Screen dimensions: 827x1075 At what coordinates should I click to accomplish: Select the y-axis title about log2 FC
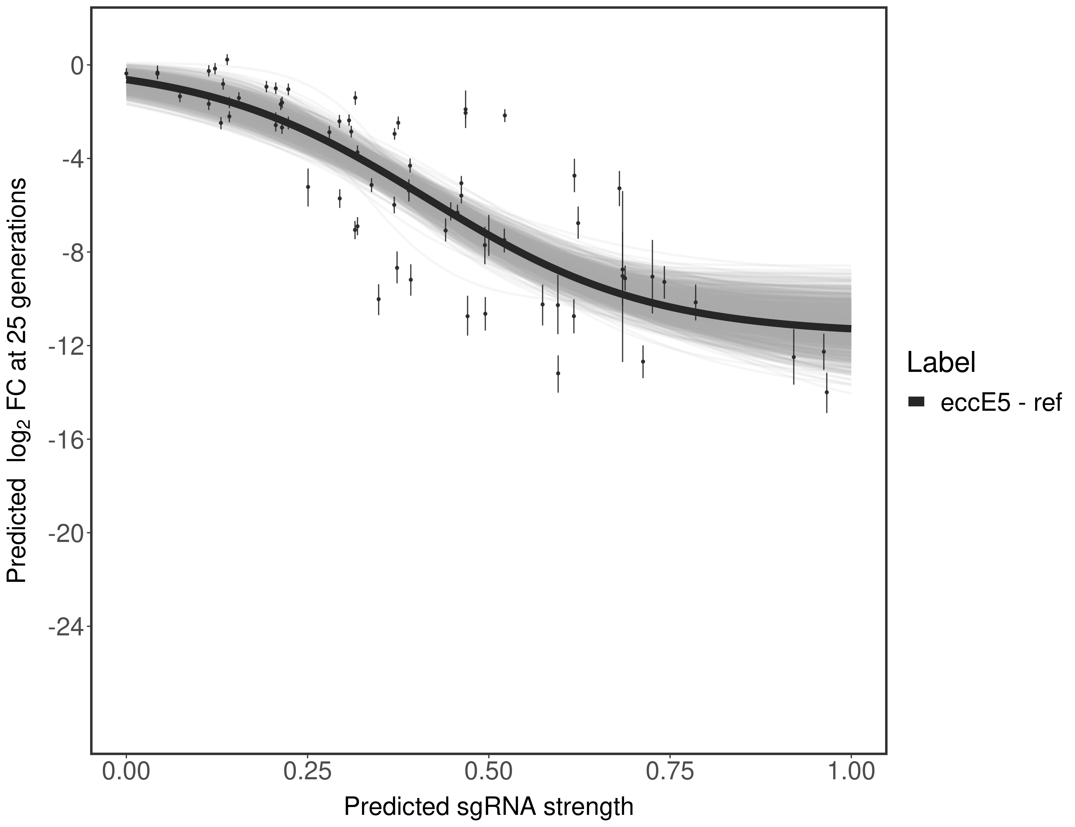[17, 379]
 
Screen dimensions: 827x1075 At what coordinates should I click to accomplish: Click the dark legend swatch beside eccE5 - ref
[917, 402]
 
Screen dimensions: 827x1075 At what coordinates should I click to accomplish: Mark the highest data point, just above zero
[227, 60]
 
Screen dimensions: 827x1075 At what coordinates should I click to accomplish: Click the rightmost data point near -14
[826, 392]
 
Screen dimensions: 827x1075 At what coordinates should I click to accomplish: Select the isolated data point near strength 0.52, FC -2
[504, 115]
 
